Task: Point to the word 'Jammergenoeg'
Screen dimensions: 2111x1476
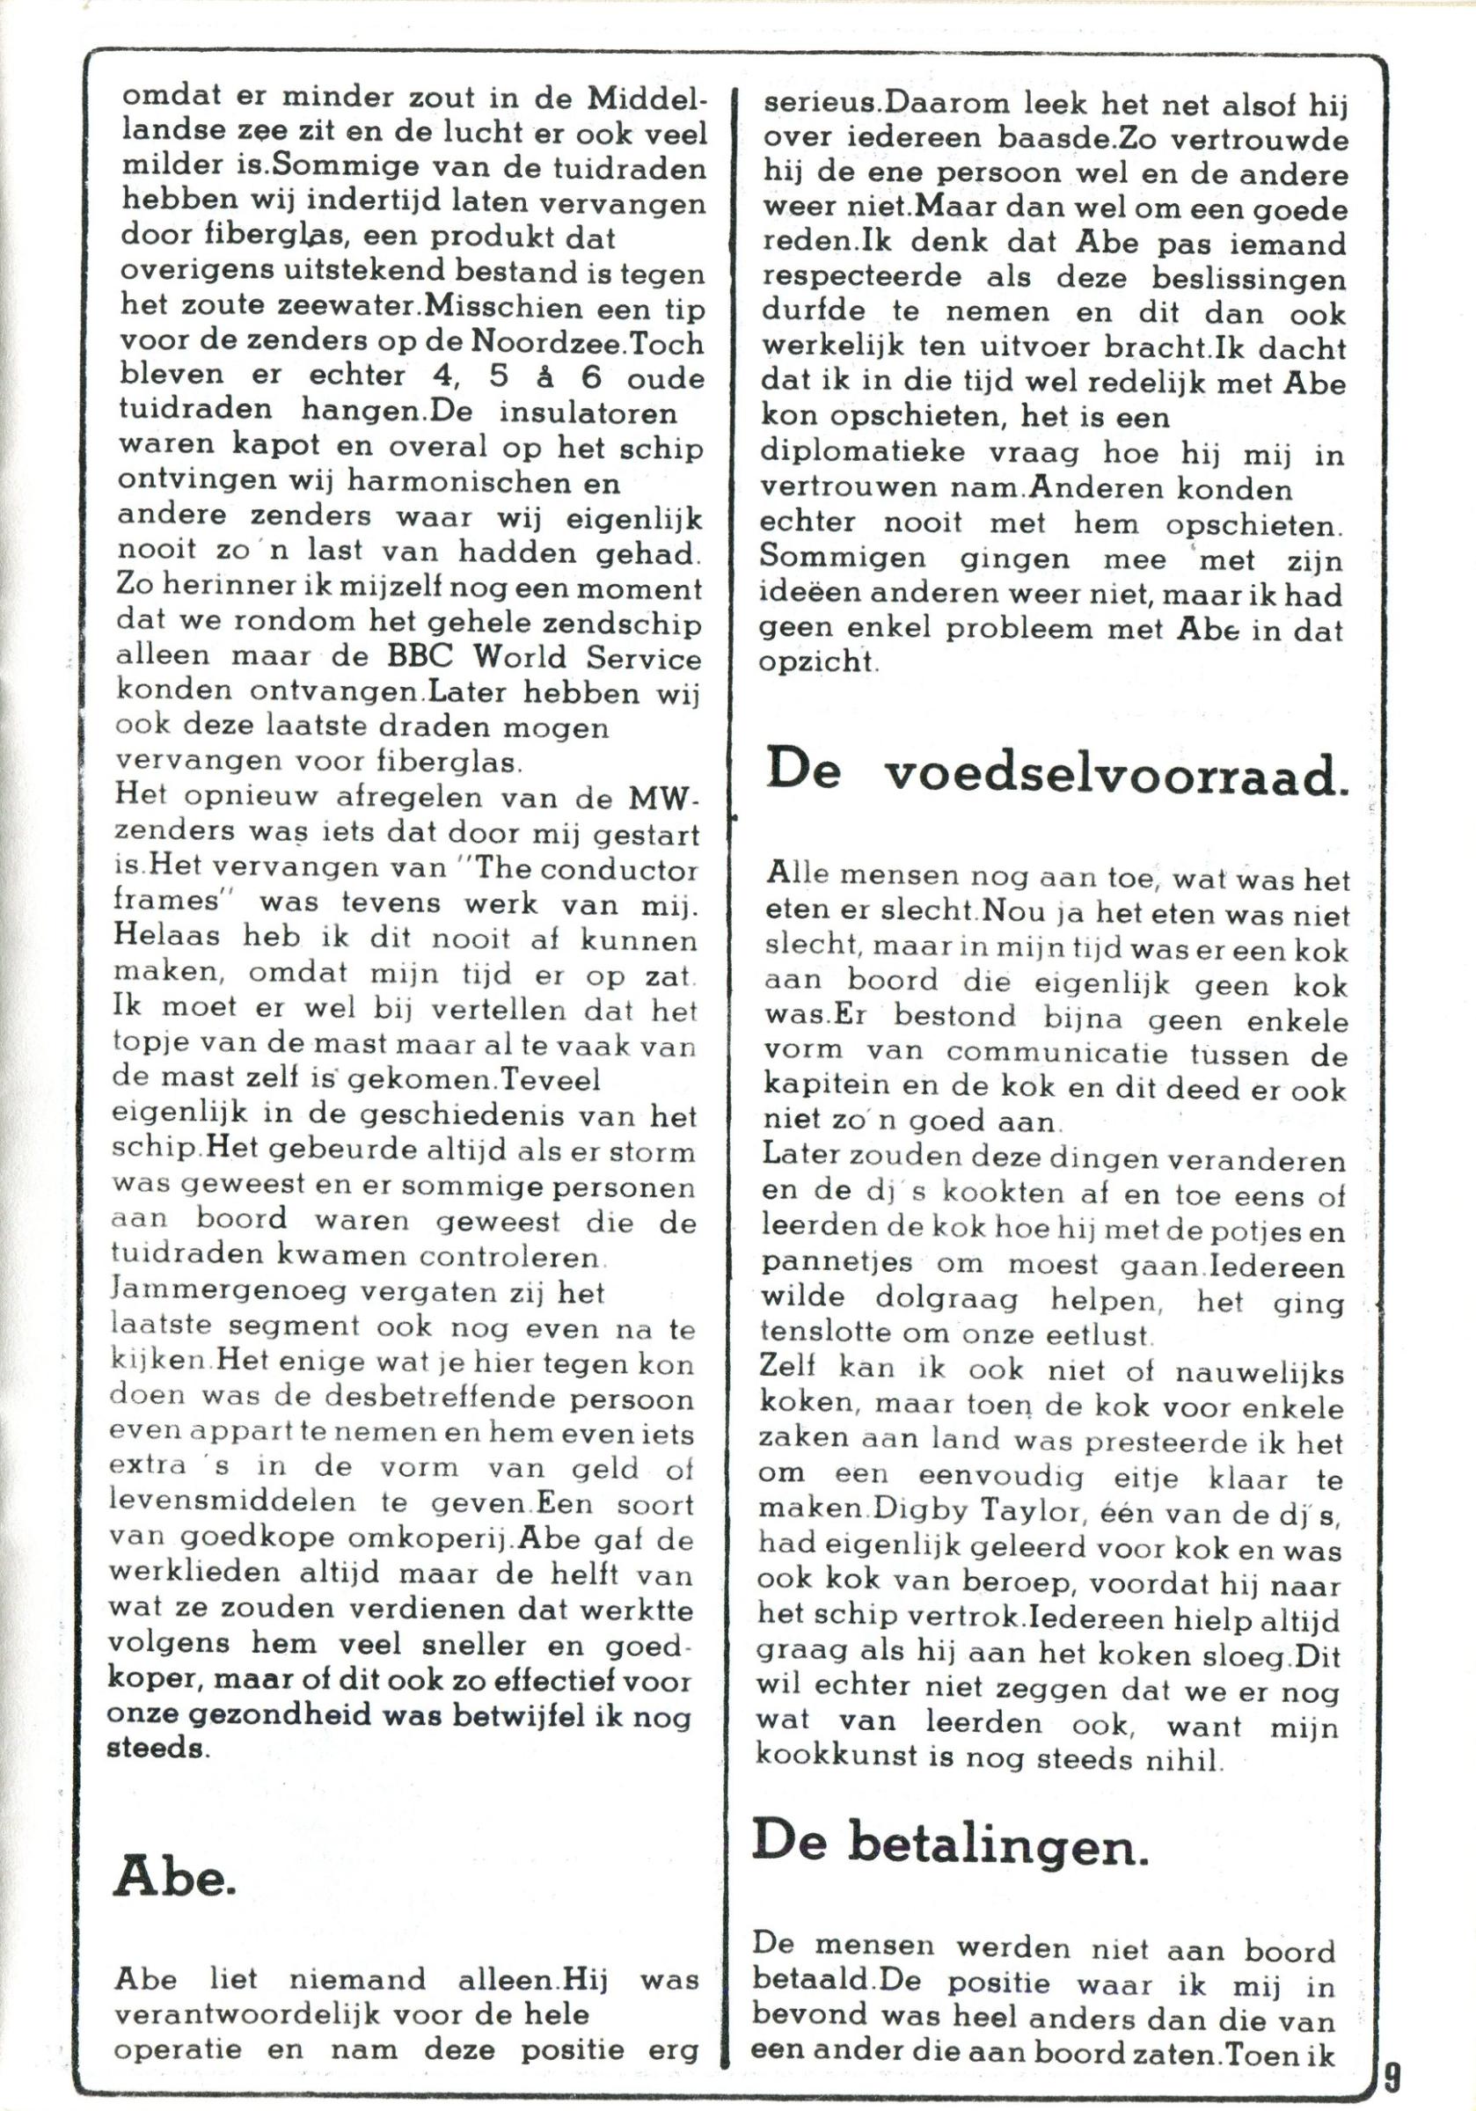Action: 228,1292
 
